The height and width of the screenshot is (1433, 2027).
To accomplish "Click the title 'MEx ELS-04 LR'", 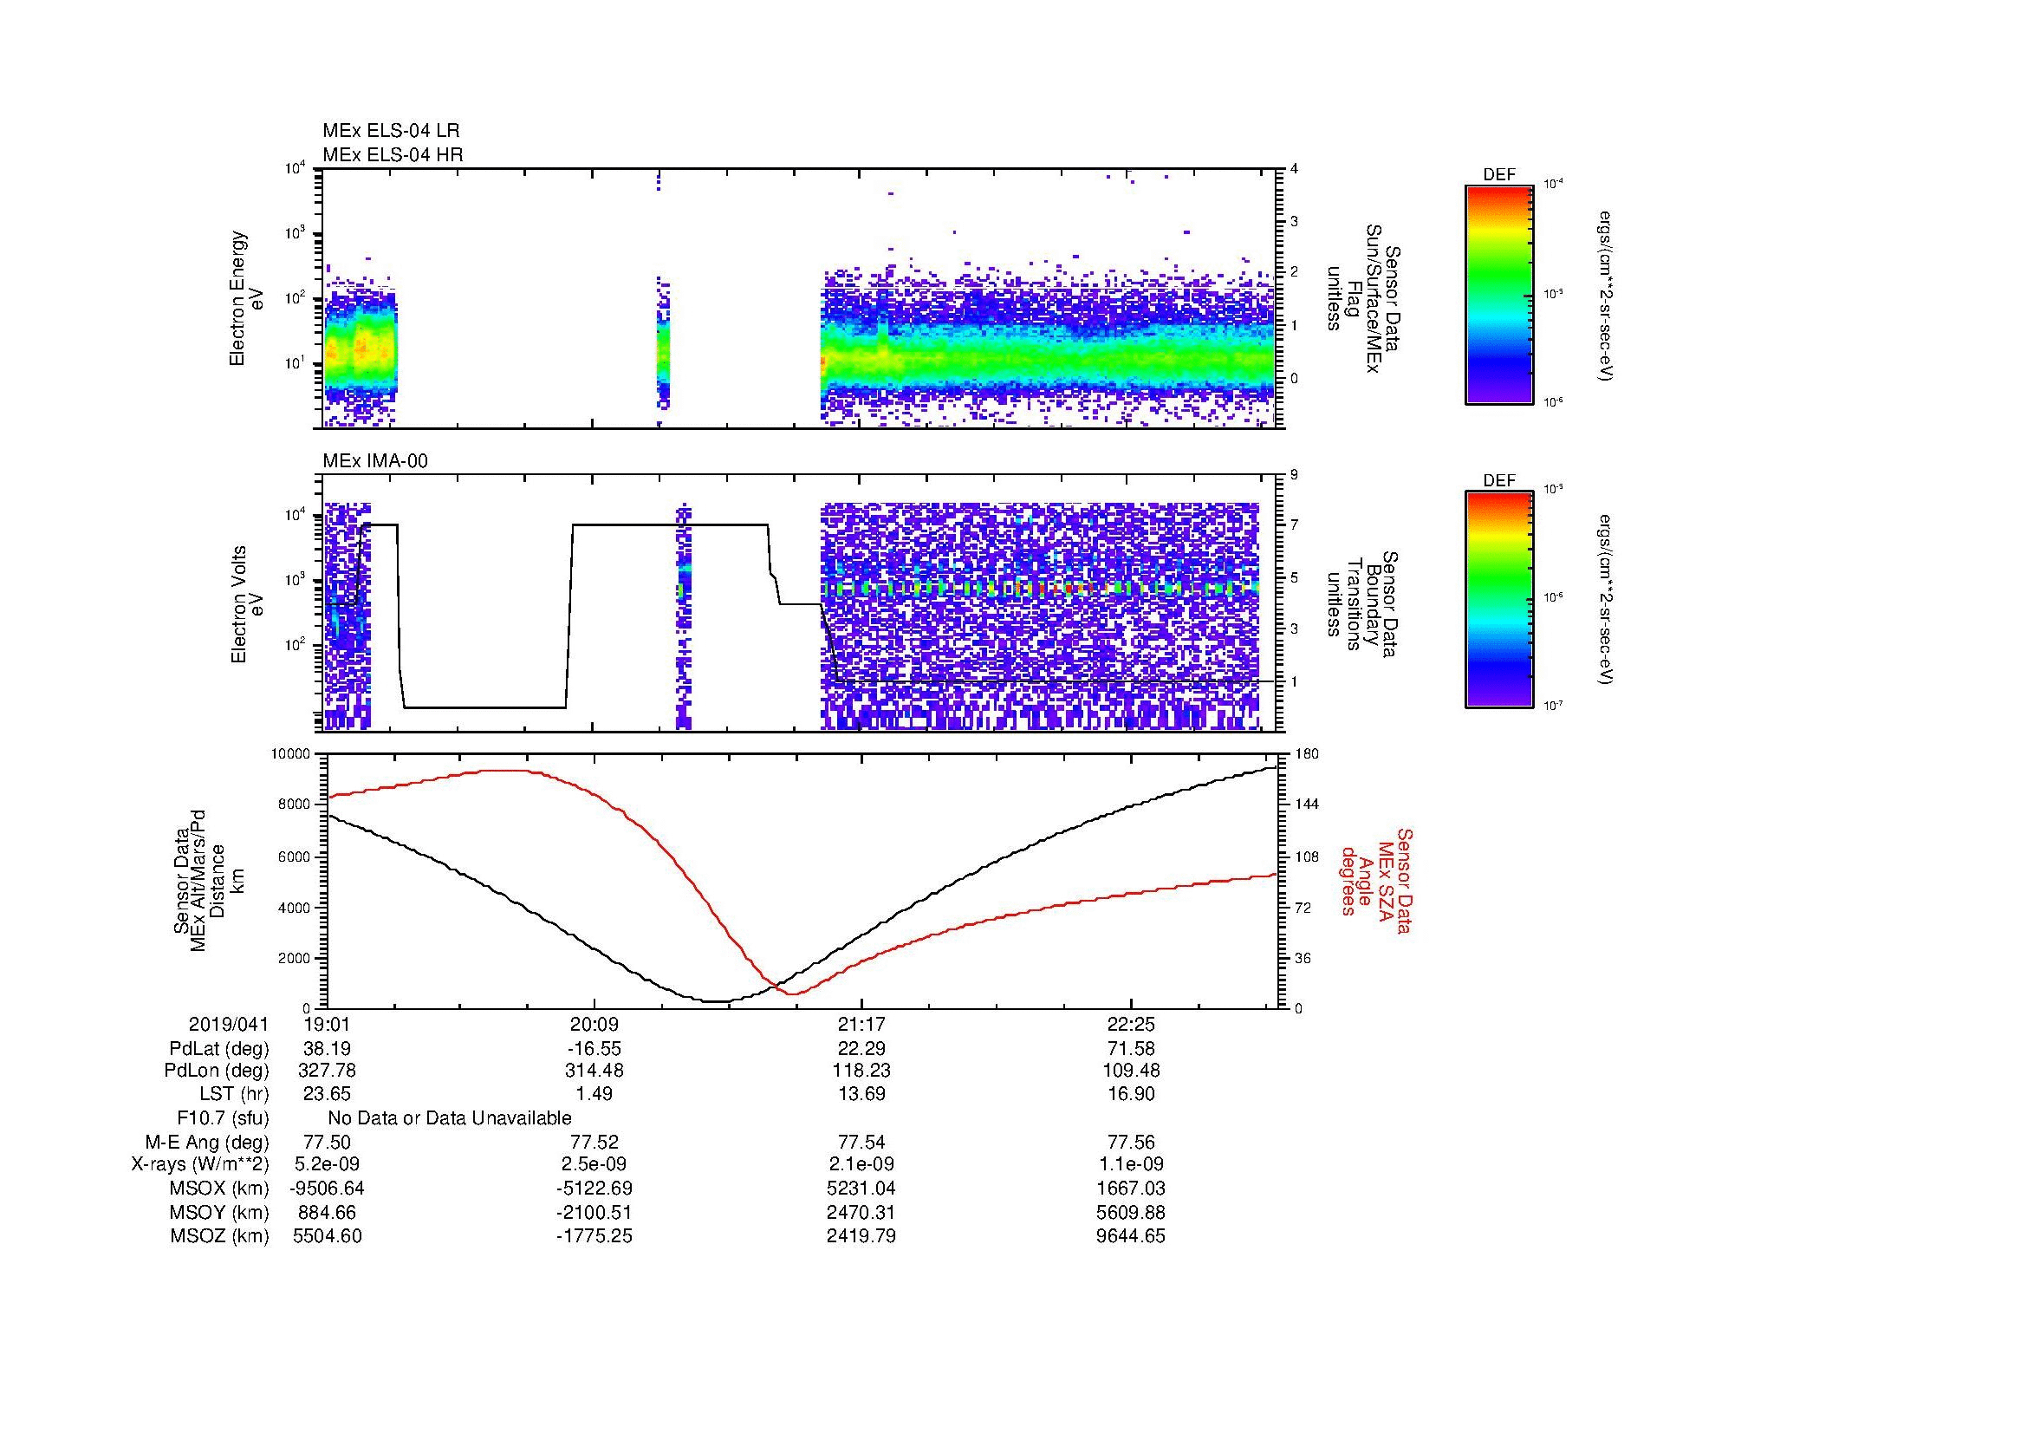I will [x=391, y=131].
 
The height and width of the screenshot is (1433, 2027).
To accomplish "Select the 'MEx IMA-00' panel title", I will [x=375, y=461].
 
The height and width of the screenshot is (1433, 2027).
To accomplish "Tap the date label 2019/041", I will [x=229, y=1024].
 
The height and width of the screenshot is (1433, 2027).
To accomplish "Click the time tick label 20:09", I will [x=594, y=1024].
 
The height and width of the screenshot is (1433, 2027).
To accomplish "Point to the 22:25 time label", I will [x=1131, y=1024].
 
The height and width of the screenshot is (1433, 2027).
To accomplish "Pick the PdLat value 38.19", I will [x=328, y=1048].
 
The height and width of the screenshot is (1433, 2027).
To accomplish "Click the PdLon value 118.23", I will [x=861, y=1070].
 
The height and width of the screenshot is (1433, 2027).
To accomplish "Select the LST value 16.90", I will [x=1131, y=1094].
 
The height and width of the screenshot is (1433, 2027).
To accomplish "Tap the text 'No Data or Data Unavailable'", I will [x=450, y=1117].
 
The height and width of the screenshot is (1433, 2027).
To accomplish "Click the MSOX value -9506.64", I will [x=328, y=1189].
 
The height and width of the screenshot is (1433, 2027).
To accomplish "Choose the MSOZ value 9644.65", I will [x=1131, y=1236].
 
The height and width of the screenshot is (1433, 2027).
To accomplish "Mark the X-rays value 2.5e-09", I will [x=594, y=1164].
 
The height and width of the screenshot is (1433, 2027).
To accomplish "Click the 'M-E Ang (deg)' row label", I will [x=206, y=1142].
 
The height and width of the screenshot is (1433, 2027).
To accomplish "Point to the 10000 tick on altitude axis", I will [x=292, y=754].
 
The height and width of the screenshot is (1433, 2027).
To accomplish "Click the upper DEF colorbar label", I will [x=1498, y=175].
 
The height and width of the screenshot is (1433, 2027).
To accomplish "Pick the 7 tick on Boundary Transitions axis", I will [x=1294, y=525].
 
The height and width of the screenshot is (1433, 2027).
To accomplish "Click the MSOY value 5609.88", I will [x=1131, y=1212].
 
